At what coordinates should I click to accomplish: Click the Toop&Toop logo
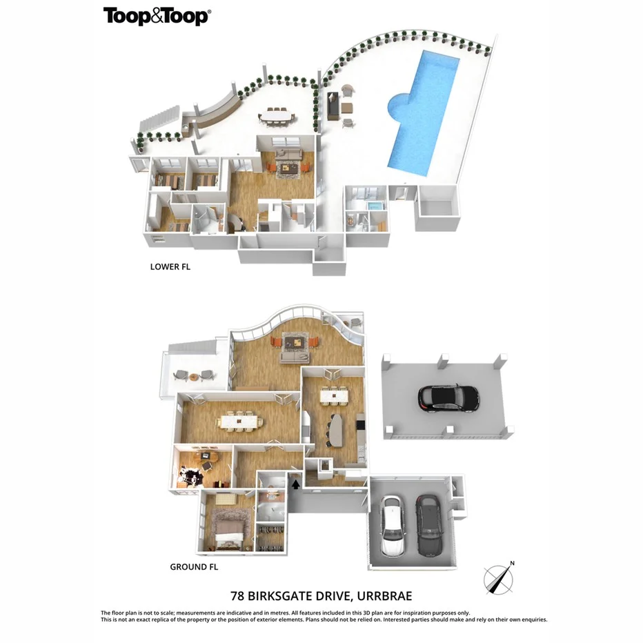point(156,17)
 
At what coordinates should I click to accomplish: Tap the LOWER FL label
point(170,266)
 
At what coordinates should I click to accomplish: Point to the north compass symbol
point(498,577)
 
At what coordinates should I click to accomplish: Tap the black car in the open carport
point(448,397)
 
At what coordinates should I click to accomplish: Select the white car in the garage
point(392,527)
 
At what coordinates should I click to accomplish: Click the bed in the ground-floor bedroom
point(228,531)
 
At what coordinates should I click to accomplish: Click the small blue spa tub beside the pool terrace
point(375,207)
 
